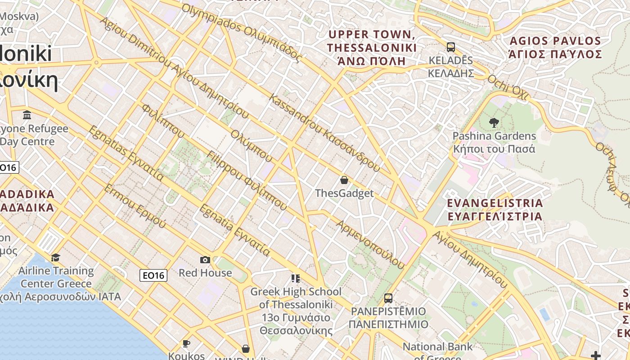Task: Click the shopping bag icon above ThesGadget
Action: [x=344, y=180]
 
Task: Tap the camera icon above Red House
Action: [x=205, y=260]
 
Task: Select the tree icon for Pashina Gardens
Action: [x=494, y=122]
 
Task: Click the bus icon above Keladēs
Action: [x=450, y=47]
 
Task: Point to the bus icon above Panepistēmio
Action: [x=388, y=298]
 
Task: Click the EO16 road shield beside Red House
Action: [x=153, y=275]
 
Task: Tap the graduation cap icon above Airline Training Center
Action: [x=56, y=257]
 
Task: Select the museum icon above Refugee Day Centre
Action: [x=27, y=115]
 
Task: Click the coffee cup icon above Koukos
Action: [x=186, y=344]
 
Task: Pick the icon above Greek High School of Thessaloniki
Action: [x=295, y=279]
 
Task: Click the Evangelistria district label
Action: [x=495, y=210]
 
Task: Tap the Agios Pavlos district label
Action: [x=555, y=48]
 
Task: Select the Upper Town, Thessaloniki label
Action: [x=372, y=48]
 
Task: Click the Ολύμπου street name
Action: [x=252, y=146]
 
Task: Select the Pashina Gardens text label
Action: [x=494, y=142]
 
